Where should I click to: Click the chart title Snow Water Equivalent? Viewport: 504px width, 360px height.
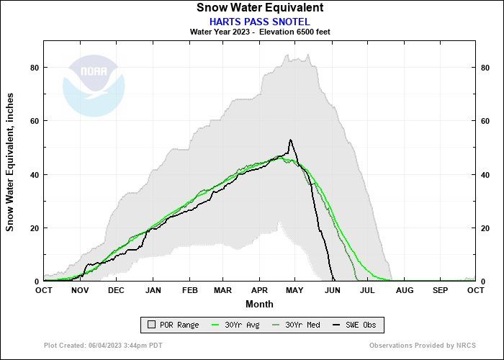[259, 8]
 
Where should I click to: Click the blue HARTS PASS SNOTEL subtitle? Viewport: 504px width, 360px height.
[259, 21]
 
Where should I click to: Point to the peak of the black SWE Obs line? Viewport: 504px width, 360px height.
[290, 140]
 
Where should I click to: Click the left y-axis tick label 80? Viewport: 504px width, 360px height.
[33, 68]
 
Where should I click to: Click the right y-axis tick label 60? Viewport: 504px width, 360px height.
[485, 121]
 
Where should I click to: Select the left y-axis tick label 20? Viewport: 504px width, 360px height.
[33, 228]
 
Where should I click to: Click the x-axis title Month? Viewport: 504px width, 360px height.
[259, 304]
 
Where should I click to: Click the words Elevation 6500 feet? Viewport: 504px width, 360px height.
[294, 32]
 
